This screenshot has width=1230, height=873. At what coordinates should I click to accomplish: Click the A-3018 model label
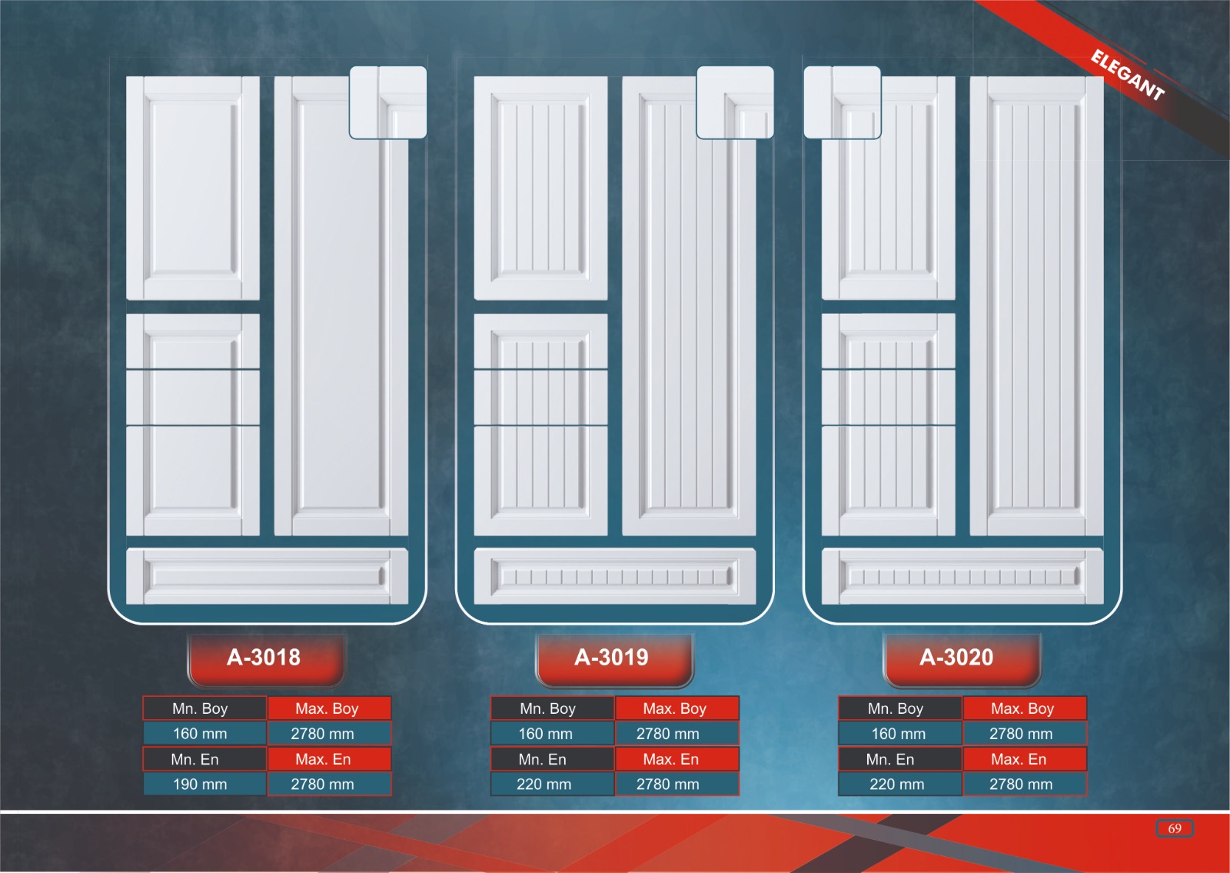(x=264, y=658)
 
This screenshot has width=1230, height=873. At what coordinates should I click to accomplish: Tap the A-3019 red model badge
(x=613, y=658)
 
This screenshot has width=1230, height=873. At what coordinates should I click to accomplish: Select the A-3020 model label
(x=958, y=658)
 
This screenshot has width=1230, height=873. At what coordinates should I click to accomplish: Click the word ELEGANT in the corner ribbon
(x=1127, y=75)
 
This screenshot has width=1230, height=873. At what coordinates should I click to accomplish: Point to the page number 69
(x=1174, y=828)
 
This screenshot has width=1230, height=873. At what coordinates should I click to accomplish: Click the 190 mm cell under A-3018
(x=201, y=785)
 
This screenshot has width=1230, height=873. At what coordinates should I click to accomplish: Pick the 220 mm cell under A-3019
(x=544, y=785)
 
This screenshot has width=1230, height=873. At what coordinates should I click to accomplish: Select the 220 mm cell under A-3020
(x=897, y=785)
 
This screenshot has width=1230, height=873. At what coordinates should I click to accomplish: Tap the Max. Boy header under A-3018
(x=327, y=708)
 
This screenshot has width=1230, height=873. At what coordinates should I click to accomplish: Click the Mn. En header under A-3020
(x=890, y=759)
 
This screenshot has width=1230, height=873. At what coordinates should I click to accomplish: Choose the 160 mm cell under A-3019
(x=546, y=734)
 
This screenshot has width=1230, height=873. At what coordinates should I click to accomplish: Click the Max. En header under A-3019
(x=671, y=759)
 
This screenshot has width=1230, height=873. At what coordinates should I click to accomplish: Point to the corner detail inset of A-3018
(x=388, y=102)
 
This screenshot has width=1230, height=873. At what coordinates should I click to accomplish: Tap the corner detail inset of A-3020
(x=842, y=102)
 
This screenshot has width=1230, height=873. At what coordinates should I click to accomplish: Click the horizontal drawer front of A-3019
(x=614, y=576)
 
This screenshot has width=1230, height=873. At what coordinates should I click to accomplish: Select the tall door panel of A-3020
(x=1036, y=305)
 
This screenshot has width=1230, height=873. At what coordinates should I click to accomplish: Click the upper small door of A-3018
(x=192, y=188)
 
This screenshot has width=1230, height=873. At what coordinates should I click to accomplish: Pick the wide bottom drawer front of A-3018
(x=267, y=576)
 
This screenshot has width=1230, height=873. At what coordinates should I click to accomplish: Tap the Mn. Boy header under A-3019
(x=548, y=708)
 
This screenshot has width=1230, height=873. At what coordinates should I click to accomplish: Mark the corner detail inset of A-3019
(x=735, y=102)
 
